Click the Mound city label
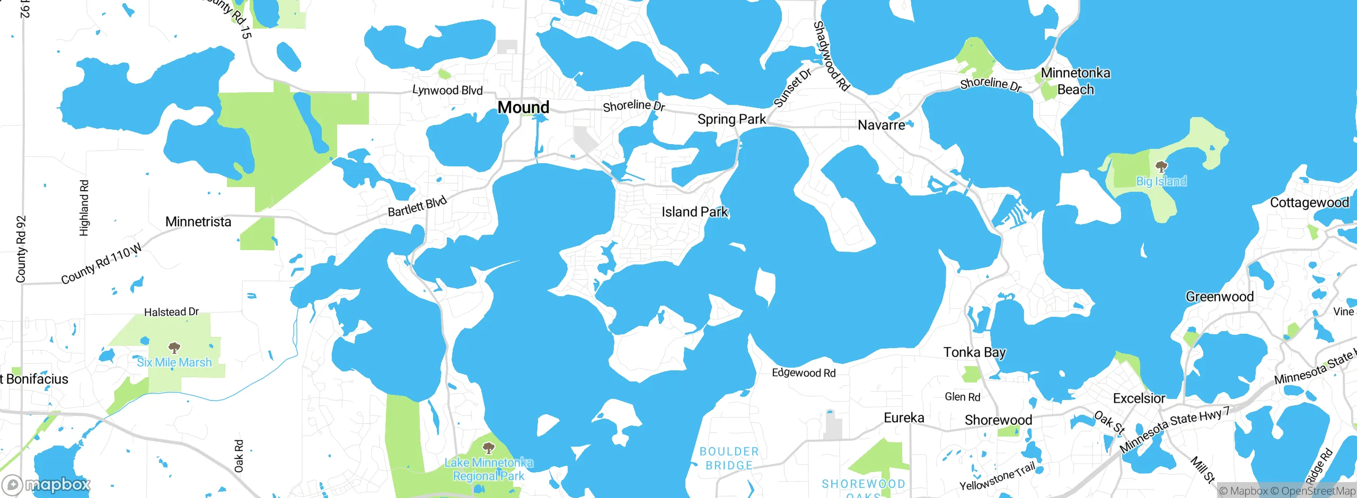click(x=523, y=108)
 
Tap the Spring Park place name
click(x=732, y=119)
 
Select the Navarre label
click(x=882, y=125)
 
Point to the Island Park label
click(x=695, y=212)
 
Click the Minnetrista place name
click(x=198, y=221)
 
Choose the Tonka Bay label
click(x=974, y=352)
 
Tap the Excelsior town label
click(x=1139, y=398)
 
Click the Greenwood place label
click(x=1220, y=297)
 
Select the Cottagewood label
click(x=1309, y=203)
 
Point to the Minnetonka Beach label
click(x=1076, y=81)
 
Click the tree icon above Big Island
click(x=1161, y=167)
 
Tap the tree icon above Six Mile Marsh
click(x=174, y=348)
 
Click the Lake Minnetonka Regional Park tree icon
click(x=489, y=448)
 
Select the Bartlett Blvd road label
click(x=417, y=206)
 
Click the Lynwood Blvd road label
click(x=447, y=90)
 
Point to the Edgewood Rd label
click(x=804, y=373)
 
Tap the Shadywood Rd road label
click(x=831, y=56)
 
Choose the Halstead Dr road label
click(x=171, y=312)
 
